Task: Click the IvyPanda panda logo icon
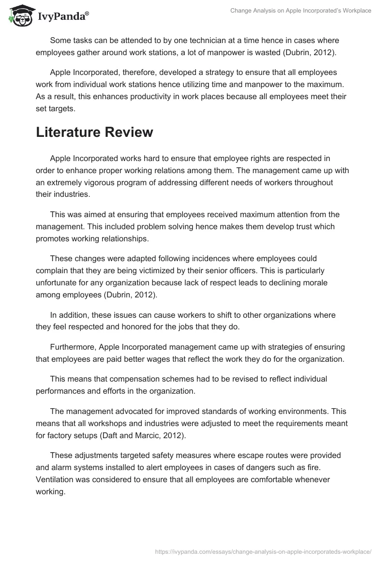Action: pyautogui.click(x=19, y=15)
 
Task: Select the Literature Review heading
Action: pyautogui.click(x=94, y=132)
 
